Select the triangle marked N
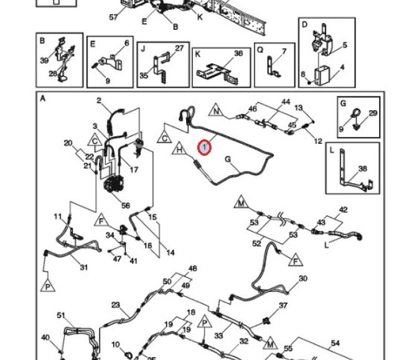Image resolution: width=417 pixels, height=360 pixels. (x=216, y=111)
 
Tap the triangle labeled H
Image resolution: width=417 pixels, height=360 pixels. (x=179, y=149)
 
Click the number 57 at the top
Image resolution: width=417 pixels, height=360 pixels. (x=113, y=17)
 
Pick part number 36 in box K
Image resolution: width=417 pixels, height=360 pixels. (x=238, y=54)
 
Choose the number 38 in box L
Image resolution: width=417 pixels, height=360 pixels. (x=363, y=168)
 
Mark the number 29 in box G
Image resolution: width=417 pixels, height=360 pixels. (x=373, y=113)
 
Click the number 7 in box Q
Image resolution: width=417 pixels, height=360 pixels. (x=284, y=51)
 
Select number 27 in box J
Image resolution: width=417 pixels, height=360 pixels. (x=179, y=48)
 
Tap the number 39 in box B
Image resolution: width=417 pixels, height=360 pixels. (x=44, y=61)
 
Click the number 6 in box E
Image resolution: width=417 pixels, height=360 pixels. (x=126, y=42)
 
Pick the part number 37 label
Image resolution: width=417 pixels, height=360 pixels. (x=283, y=305)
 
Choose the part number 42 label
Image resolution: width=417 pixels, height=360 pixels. (x=343, y=210)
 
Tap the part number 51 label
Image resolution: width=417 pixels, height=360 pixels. (x=61, y=315)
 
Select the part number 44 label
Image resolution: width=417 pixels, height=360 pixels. (x=286, y=102)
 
